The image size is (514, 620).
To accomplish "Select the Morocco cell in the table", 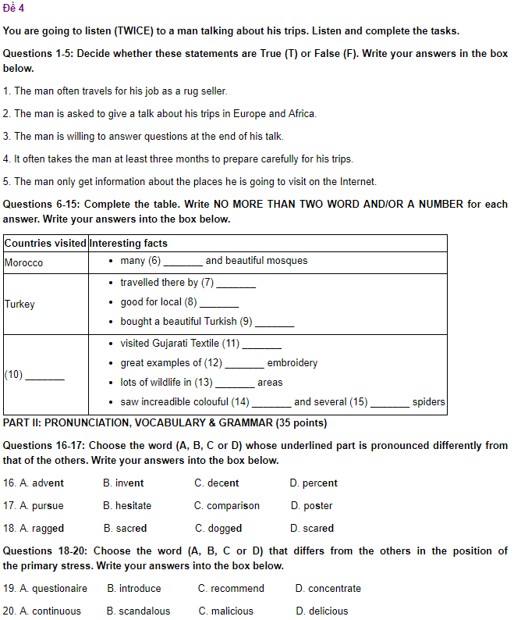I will pyautogui.click(x=23, y=263).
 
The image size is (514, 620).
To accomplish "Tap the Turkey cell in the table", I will pyautogui.click(x=19, y=304).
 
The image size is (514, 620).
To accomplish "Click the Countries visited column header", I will pyautogui.click(x=45, y=244).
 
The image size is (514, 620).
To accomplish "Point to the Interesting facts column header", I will pyautogui.click(x=129, y=244).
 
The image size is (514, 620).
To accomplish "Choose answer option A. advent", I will pyautogui.click(x=38, y=483).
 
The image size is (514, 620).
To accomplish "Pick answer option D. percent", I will pyautogui.click(x=313, y=483).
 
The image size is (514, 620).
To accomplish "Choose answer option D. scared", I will pyautogui.click(x=311, y=529).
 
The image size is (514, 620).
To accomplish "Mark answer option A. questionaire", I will pyautogui.click(x=45, y=589).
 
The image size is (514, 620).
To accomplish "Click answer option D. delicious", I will pyautogui.click(x=321, y=611).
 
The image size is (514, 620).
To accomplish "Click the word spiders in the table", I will pyautogui.click(x=429, y=402).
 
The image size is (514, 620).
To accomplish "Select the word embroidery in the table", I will pyautogui.click(x=292, y=363).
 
